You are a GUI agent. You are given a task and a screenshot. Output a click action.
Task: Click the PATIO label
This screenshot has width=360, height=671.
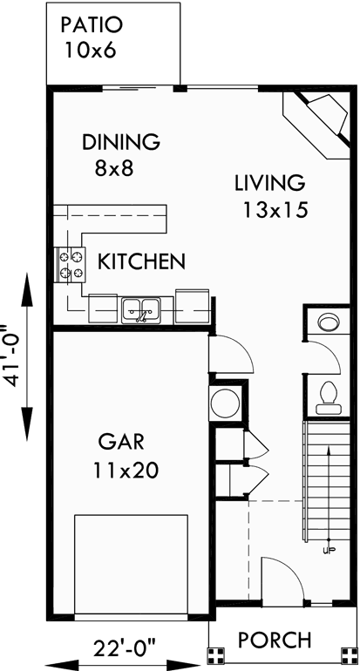pyautogui.click(x=92, y=25)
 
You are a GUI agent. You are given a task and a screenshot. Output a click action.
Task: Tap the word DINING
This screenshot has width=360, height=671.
pyautogui.click(x=120, y=141)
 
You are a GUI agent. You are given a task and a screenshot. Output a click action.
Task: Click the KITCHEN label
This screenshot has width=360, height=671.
pyautogui.click(x=140, y=261)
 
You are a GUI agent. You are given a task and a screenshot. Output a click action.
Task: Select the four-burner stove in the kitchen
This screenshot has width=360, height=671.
pyautogui.click(x=72, y=265)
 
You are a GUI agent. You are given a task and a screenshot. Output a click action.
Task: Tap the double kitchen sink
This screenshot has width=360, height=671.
pyautogui.click(x=140, y=308)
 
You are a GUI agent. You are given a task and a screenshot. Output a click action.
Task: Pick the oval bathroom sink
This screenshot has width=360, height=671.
pyautogui.click(x=329, y=322)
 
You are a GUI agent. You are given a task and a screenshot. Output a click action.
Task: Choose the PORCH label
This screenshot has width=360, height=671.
pyautogui.click(x=275, y=640)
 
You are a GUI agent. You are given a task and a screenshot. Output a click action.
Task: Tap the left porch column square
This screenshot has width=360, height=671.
pyautogui.click(x=215, y=654)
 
